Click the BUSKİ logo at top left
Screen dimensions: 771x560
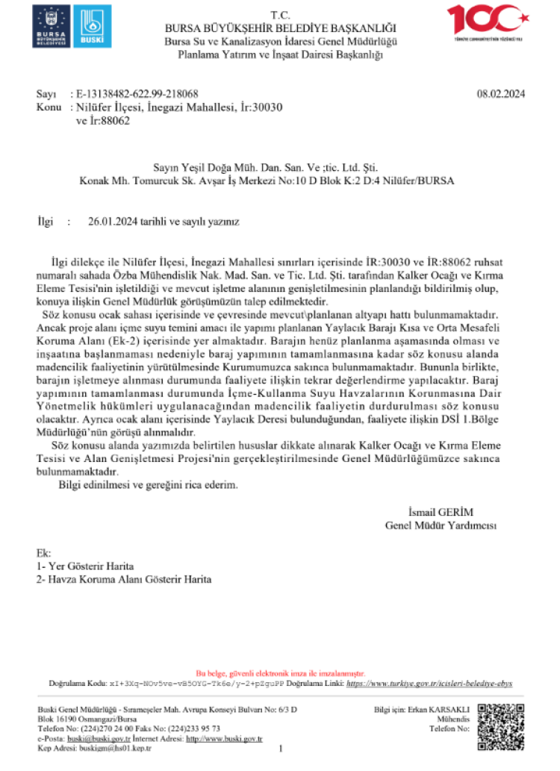click(x=91, y=28)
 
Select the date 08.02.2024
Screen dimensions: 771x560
click(x=501, y=94)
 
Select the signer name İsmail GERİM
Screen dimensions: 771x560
click(x=441, y=512)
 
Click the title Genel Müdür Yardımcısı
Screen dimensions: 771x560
click(x=441, y=525)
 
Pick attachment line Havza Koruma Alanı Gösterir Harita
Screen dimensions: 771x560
click(x=124, y=579)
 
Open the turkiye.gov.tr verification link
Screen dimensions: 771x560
click(x=429, y=683)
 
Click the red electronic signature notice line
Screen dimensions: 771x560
click(x=280, y=672)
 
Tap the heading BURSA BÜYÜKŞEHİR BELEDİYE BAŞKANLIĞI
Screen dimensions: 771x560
click(x=280, y=28)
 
